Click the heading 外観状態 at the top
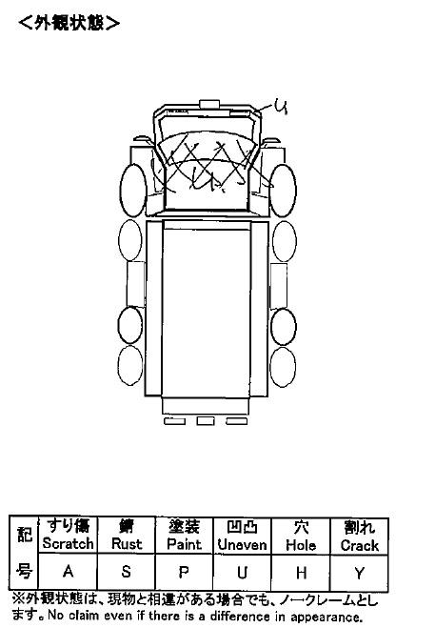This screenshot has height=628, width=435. (69, 23)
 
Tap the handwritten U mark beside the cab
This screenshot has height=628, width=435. (281, 107)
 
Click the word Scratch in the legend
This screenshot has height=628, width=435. (68, 543)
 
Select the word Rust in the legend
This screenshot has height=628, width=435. (127, 544)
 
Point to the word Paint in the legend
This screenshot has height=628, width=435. (184, 544)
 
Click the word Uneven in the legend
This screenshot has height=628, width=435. (242, 545)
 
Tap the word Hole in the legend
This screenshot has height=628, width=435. (301, 545)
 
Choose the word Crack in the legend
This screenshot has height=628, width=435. (360, 545)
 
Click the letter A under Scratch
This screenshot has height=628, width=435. (68, 571)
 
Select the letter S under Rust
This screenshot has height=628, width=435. (126, 572)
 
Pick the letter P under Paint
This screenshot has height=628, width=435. (184, 572)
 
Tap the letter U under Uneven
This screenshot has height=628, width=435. (242, 573)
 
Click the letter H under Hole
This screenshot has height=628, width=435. (301, 573)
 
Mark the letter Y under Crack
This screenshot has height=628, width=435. (360, 574)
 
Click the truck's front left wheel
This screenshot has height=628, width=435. (133, 191)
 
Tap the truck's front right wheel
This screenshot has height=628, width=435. (283, 191)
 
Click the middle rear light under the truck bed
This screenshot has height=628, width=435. (206, 421)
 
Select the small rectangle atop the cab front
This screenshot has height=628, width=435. (209, 104)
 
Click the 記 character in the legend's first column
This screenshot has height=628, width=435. (25, 535)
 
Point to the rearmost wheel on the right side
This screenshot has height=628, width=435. (283, 367)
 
